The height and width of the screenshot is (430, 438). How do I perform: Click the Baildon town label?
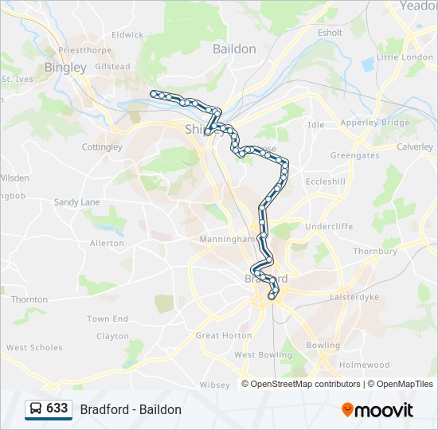[x=234, y=49]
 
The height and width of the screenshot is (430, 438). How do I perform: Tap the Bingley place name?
[x=65, y=68]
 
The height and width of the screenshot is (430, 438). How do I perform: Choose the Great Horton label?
[x=223, y=336]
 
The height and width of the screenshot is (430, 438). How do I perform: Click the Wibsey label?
[x=214, y=385]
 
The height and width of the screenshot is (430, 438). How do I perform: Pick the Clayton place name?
[x=112, y=336]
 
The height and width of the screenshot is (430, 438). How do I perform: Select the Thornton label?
[x=29, y=299]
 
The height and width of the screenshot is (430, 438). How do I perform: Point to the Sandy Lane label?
[x=76, y=202]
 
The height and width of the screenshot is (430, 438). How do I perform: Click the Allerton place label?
[x=107, y=243]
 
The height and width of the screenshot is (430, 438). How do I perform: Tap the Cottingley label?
[x=102, y=147]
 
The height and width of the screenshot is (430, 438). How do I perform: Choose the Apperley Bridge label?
[x=374, y=123]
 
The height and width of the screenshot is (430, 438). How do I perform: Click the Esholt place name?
[x=330, y=33]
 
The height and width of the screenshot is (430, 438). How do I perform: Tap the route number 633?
[x=57, y=408]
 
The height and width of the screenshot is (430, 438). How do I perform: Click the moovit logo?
[x=377, y=410]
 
